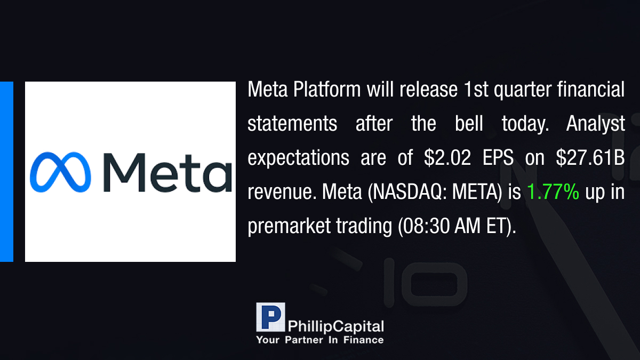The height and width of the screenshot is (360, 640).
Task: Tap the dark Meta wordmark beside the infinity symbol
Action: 167,173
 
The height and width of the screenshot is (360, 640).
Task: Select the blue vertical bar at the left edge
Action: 6,172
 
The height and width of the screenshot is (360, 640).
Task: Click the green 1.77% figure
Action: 553,191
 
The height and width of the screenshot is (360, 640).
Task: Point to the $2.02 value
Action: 447,157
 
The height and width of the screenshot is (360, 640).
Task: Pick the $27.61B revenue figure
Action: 590,157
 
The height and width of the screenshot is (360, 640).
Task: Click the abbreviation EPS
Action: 498,157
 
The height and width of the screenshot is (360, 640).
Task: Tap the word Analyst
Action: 595,124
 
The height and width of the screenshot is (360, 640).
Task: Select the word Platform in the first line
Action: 327,90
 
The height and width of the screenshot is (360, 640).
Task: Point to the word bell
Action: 469,123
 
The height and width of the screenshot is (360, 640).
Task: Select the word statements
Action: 292,124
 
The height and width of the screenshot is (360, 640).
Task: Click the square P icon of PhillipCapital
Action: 270,317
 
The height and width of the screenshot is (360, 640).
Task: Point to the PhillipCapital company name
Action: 335,326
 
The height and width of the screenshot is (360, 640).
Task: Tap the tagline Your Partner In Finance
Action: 320,340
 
